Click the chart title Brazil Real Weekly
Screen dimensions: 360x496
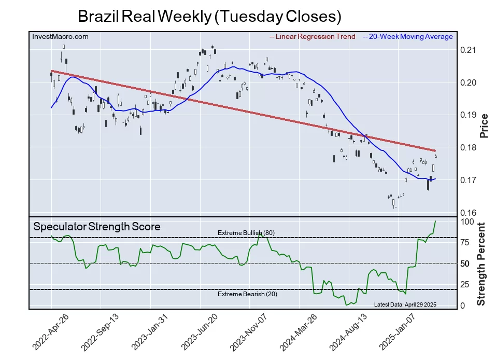pos(209,16)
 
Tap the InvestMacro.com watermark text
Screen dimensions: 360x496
pos(60,36)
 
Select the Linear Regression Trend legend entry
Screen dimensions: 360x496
pos(313,36)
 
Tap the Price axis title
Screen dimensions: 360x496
pos(484,125)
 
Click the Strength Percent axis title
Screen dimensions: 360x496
pos(482,264)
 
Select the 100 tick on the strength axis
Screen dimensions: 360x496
pos(468,221)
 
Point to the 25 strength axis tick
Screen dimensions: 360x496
pos(466,284)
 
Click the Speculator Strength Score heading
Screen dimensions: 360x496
pos(97,227)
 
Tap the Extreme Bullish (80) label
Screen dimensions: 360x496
pos(246,232)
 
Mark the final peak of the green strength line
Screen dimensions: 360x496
pos(435,221)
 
